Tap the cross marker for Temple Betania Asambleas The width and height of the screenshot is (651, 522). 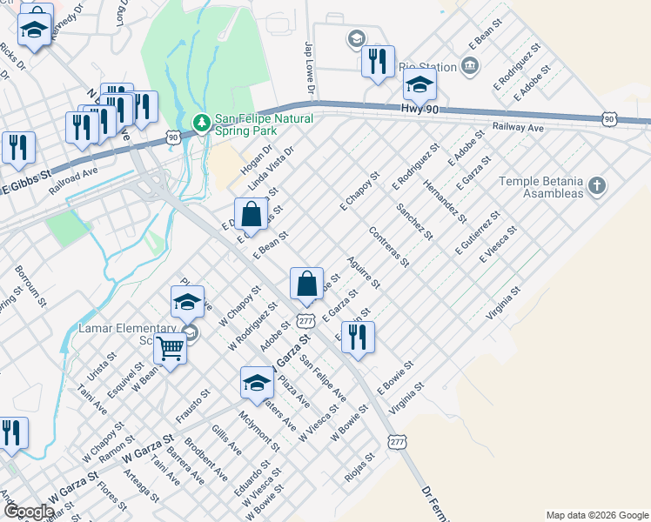pyautogui.click(x=596, y=185)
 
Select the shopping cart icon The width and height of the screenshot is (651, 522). pyautogui.click(x=171, y=349)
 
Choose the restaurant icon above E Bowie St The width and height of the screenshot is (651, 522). pyautogui.click(x=358, y=338)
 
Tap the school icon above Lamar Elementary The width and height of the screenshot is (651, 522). pyautogui.click(x=187, y=301)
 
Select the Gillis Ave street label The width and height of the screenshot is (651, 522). pyautogui.click(x=225, y=440)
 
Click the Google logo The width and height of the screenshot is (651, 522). pyautogui.click(x=29, y=512)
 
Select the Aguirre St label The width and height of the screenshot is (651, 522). pyautogui.click(x=362, y=272)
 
